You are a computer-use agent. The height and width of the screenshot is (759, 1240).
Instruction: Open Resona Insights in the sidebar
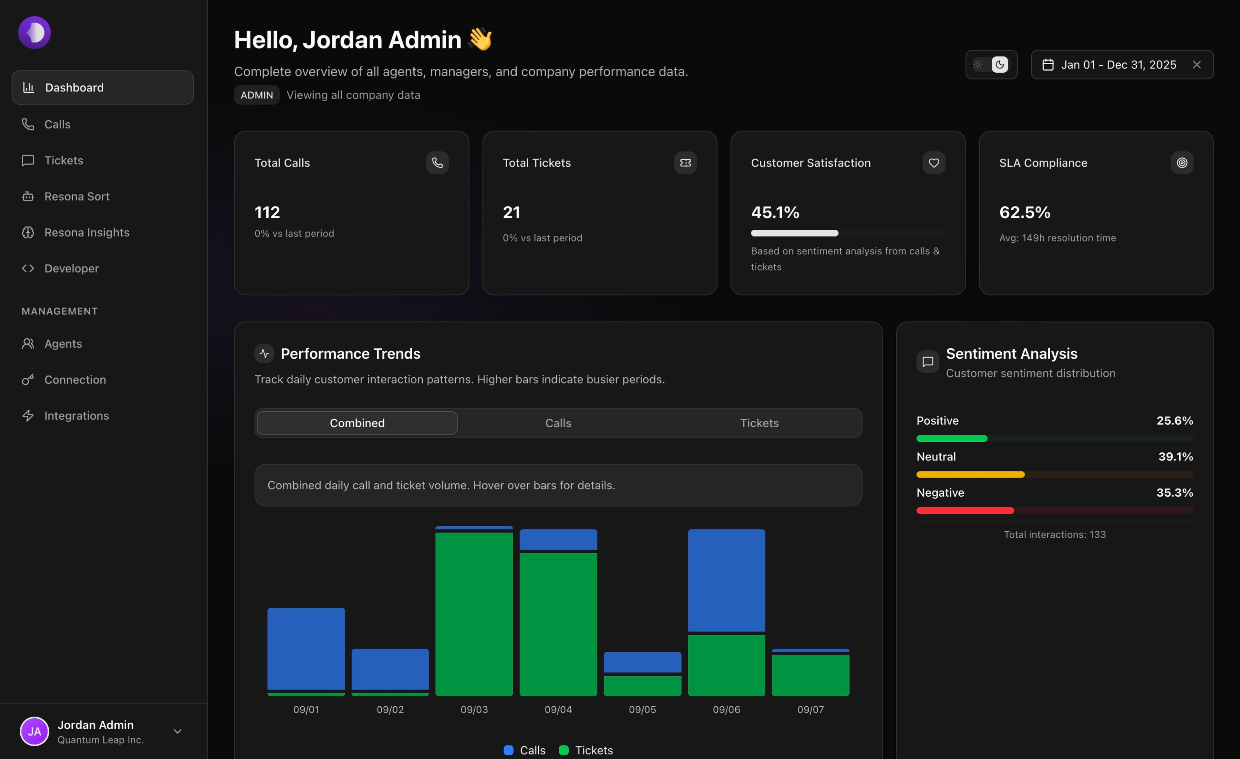87,232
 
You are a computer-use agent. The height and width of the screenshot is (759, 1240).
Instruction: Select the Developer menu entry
71,269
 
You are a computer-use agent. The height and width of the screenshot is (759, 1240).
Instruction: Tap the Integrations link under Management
77,416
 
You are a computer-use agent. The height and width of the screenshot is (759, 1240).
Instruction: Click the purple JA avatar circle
34,731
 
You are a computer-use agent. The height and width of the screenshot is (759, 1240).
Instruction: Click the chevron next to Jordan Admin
177,731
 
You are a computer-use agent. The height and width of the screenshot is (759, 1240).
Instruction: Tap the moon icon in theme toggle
999,65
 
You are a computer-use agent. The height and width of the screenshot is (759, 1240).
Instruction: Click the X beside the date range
1197,65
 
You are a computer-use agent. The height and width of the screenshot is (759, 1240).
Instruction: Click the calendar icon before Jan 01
1048,65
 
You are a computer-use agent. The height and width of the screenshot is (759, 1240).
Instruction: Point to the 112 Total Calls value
267,212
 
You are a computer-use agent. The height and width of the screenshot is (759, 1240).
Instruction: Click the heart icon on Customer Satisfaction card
934,163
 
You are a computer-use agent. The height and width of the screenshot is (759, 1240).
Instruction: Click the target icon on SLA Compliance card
1182,163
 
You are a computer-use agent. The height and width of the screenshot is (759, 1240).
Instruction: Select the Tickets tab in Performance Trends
759,423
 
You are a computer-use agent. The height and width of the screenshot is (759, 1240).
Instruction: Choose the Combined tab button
357,423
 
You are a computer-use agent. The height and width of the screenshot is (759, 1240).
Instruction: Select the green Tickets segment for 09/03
474,615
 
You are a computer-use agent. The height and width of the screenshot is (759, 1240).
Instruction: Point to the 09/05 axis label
642,709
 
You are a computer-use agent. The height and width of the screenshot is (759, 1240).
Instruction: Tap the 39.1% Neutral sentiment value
1175,456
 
